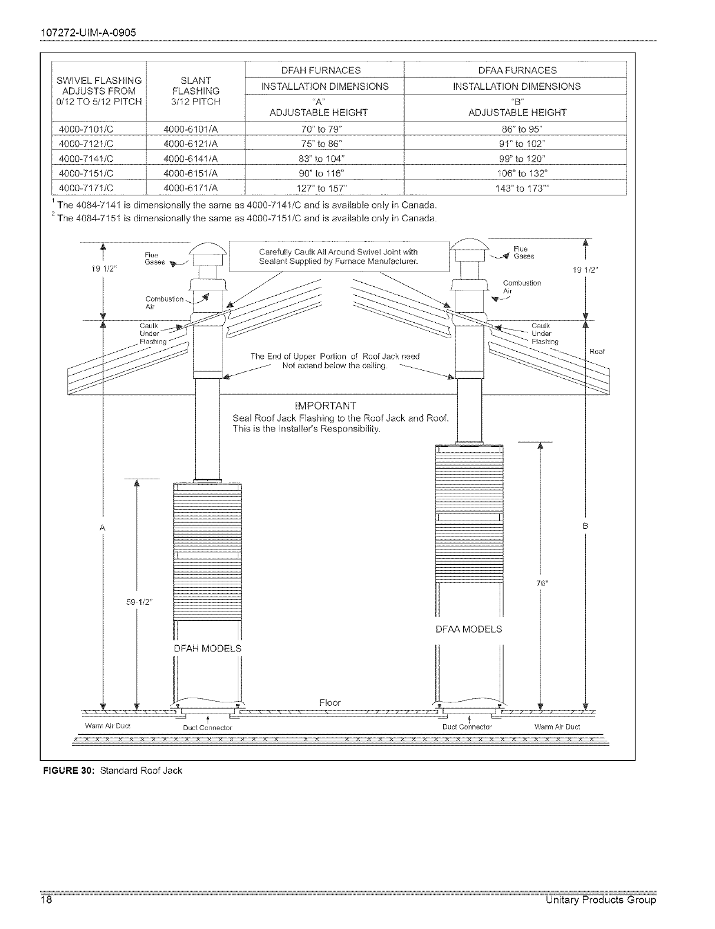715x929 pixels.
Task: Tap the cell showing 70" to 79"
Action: click(x=324, y=128)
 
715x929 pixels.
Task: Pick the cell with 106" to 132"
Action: click(x=514, y=172)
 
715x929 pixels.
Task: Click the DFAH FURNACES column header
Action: click(x=324, y=70)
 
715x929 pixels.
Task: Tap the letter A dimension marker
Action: click(x=103, y=526)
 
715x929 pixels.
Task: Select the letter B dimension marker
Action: click(x=585, y=525)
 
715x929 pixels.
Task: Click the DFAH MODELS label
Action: click(x=208, y=648)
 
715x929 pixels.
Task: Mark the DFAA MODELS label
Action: click(x=468, y=629)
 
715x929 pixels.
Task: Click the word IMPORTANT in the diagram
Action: click(x=324, y=406)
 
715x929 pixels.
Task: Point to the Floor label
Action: click(x=330, y=702)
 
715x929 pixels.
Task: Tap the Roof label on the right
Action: click(x=597, y=352)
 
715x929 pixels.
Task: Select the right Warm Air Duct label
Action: click(x=557, y=727)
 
